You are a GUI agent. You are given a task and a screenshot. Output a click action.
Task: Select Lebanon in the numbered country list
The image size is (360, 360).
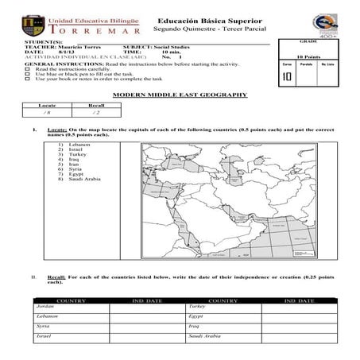(79, 145)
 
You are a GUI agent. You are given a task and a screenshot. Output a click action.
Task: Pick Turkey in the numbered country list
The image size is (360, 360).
(77, 154)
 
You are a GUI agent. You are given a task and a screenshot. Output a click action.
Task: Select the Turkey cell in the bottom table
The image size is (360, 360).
(197, 306)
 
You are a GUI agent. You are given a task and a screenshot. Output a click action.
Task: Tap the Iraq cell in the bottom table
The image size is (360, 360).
(195, 327)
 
